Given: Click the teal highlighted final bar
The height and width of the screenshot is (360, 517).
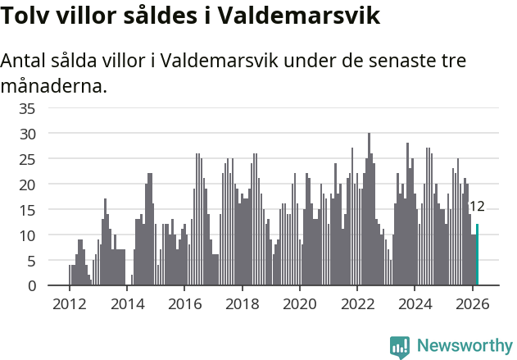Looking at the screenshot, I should click(477, 255).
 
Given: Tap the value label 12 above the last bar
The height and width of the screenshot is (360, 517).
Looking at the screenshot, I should click(477, 207).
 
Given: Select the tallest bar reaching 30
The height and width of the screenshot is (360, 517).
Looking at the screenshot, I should click(369, 209).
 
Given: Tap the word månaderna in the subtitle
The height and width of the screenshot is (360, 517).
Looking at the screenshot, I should click(54, 85).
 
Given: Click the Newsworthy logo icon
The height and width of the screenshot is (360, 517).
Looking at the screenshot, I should click(400, 346).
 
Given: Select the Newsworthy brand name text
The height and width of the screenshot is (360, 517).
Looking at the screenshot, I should click(464, 346).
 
